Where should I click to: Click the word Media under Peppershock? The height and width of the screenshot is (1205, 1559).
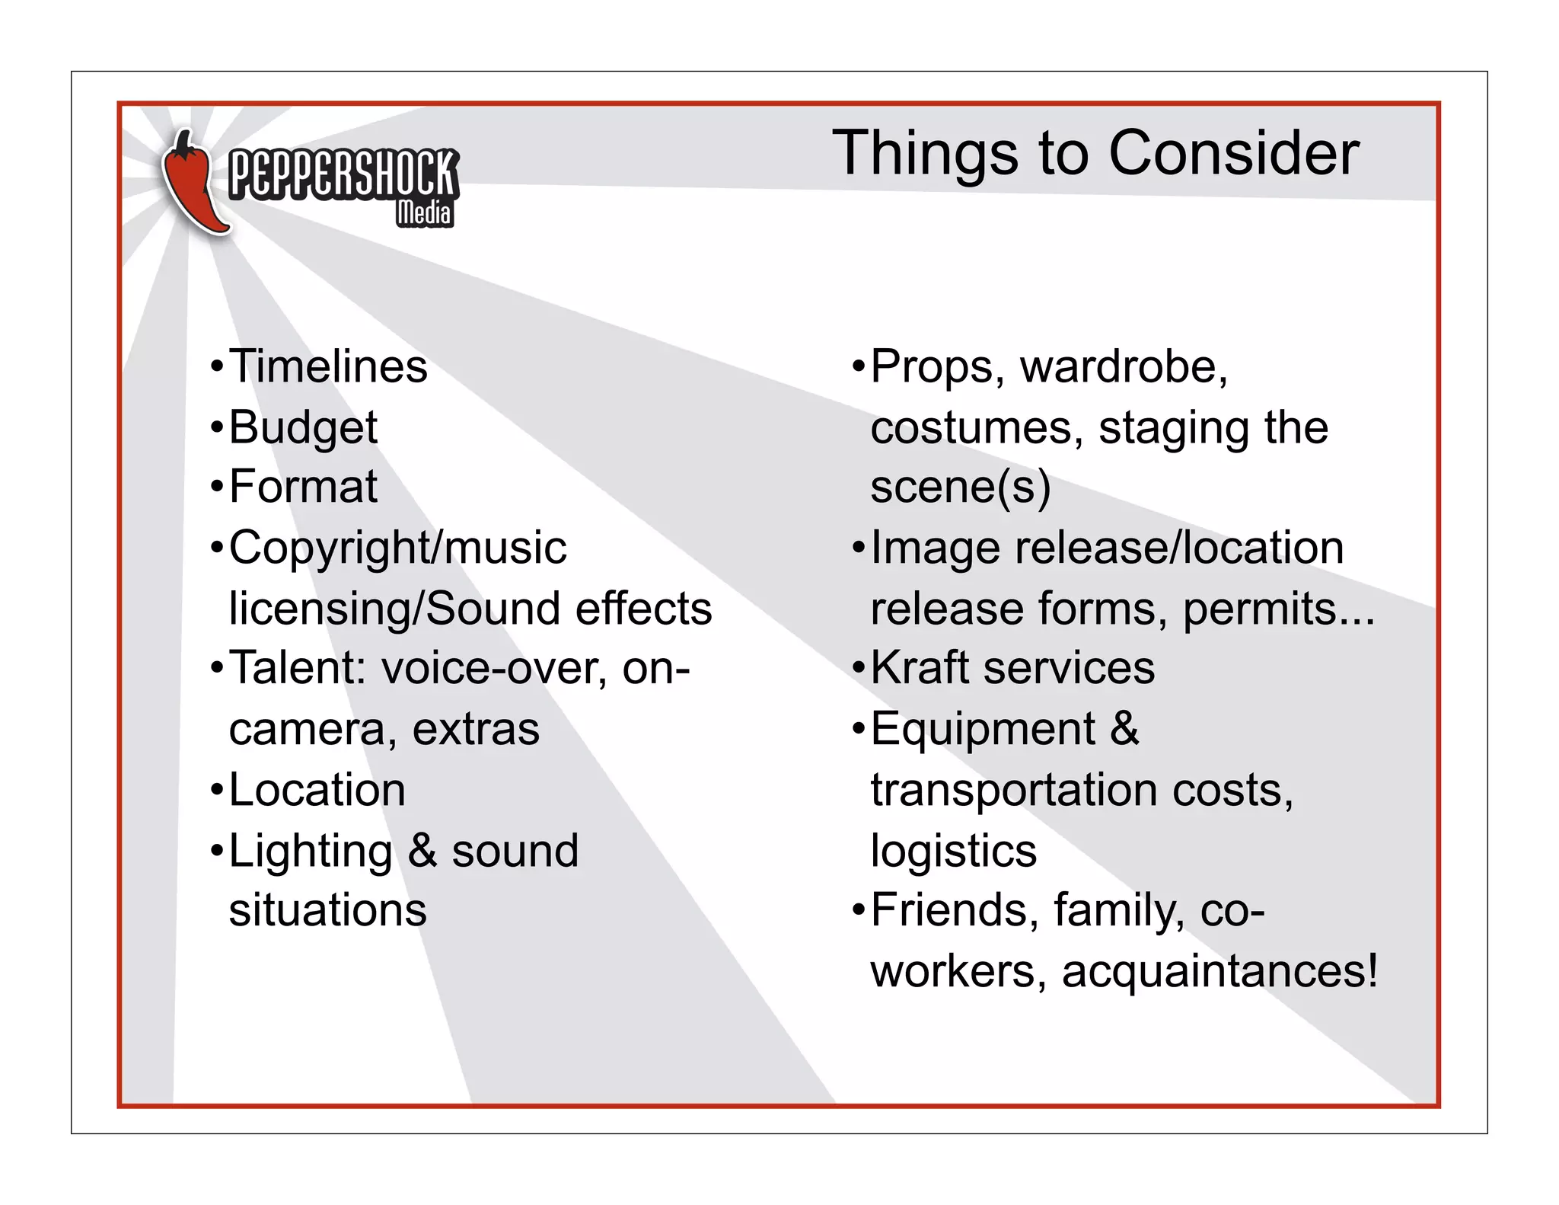pos(425,213)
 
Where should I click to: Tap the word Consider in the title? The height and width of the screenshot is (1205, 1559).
pos(1233,153)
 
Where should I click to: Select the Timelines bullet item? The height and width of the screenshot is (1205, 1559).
pos(328,366)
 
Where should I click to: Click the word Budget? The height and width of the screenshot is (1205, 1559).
pos(303,427)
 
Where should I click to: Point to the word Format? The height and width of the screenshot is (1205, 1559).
pos(303,487)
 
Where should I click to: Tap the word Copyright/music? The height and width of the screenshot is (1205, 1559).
pos(397,548)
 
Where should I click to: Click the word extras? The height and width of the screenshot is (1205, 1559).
pos(476,729)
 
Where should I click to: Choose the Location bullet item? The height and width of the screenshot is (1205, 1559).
pos(317,790)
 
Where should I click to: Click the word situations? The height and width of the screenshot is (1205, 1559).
pos(327,910)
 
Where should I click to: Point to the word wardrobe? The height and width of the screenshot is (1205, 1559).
pos(1123,366)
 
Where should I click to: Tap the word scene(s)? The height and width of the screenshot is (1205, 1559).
pos(960,487)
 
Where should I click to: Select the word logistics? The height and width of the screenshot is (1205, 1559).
pos(953,851)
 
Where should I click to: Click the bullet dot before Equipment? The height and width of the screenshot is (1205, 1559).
pos(859,730)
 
